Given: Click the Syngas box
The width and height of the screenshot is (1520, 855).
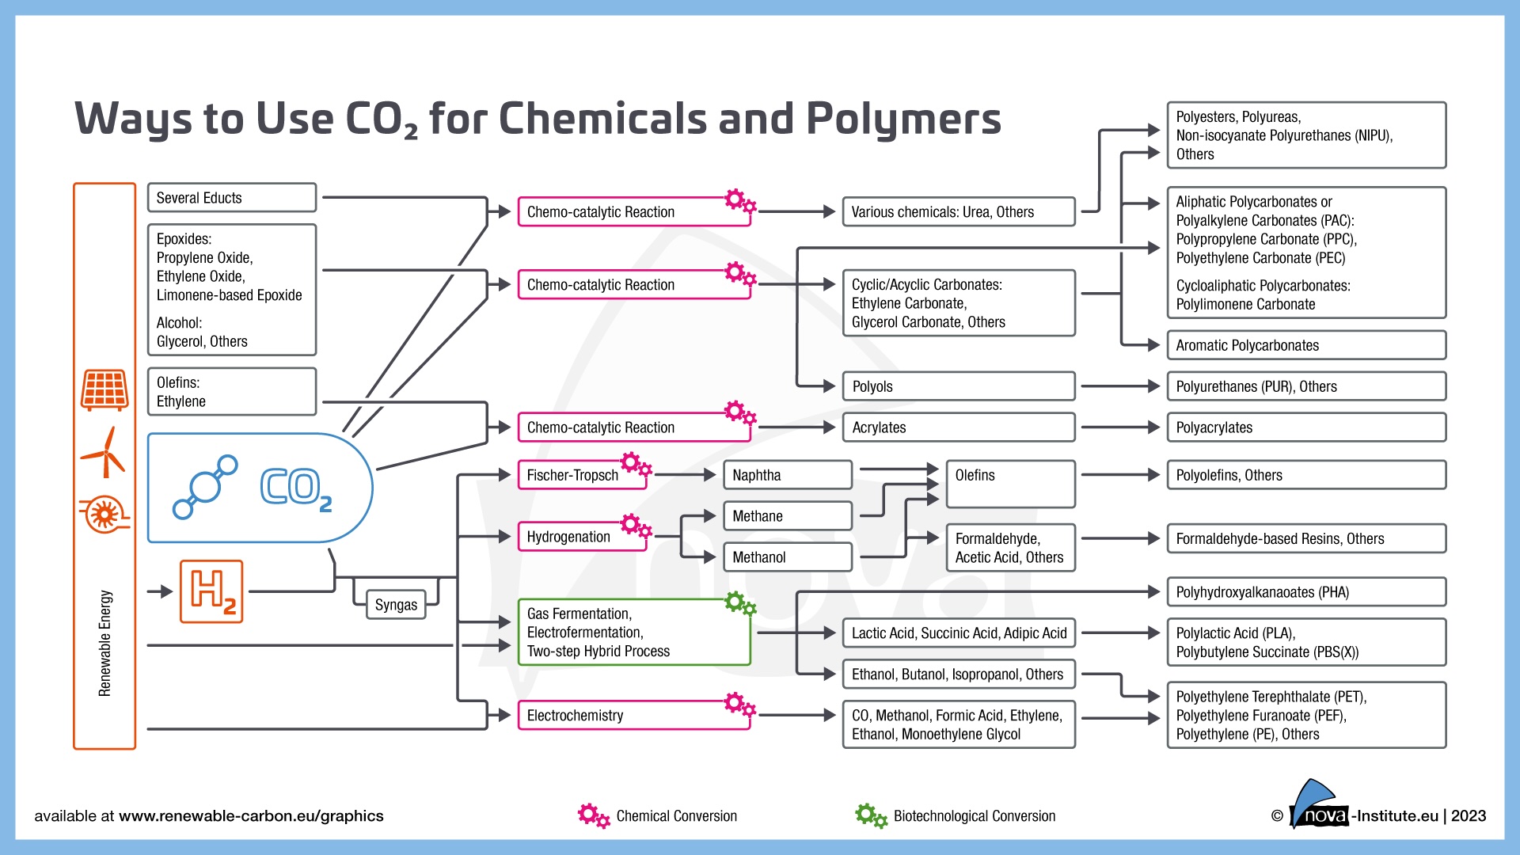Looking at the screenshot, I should coord(396,605).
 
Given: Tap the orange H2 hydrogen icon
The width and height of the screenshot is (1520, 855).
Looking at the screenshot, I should coord(211,591).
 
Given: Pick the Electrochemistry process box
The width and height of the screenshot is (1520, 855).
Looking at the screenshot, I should coord(633,716).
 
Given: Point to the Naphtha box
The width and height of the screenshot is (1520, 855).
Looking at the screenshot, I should coord(787,475).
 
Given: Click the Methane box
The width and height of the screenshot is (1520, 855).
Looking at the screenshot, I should coord(787,516).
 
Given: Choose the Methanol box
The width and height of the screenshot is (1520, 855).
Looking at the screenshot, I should coord(787,557).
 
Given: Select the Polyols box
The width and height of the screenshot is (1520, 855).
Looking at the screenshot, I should coord(958,386).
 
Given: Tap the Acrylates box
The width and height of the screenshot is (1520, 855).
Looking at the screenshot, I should coord(958,427).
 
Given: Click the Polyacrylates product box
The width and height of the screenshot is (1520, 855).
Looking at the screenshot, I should coord(1305,427).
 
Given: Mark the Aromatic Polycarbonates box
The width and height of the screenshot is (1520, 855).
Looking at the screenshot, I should coord(1305,345).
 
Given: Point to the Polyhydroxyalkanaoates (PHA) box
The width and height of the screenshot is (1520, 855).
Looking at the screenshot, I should coord(1305,592).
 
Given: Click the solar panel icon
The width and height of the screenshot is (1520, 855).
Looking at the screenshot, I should coord(104,389).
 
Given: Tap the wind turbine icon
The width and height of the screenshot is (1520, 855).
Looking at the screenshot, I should coord(104,453).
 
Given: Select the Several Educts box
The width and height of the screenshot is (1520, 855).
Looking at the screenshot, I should coord(231,198).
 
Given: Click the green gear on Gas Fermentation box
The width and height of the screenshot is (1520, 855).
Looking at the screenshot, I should coord(740,604).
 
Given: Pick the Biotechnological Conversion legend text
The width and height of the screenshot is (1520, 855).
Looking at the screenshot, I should coord(974,816).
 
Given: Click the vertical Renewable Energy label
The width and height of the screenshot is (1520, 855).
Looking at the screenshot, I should coord(104,643).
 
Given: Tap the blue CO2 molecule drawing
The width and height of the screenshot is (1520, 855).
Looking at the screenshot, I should coord(205,486).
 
